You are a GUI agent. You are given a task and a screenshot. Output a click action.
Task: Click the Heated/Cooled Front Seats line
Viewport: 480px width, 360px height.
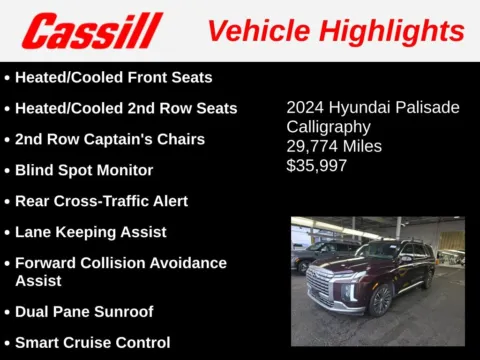pos(113,77)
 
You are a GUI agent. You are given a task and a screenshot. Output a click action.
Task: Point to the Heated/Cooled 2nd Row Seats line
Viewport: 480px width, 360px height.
pos(126,108)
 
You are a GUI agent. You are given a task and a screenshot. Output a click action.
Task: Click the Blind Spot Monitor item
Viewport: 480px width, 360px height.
pos(84,170)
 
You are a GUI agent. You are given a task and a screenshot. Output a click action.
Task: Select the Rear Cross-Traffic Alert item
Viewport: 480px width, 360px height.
pos(101,201)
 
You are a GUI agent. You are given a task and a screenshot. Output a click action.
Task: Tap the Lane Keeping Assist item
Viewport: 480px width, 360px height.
pos(90,232)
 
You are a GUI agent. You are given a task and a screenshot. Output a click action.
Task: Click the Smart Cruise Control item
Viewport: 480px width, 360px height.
pos(92,342)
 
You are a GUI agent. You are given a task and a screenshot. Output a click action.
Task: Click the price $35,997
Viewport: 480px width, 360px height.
pos(317,165)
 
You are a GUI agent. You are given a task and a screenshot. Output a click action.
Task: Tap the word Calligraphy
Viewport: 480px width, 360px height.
pos(328,127)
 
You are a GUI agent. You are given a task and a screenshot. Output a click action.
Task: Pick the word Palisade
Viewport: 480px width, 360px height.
pos(426,107)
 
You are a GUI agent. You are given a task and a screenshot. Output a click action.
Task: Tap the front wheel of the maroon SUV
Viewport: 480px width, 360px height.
pos(381,298)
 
